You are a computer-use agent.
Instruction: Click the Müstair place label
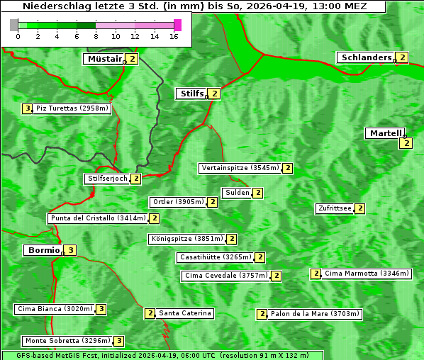click(x=104, y=59)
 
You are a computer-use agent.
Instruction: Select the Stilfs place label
click(x=191, y=93)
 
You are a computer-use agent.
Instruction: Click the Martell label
click(x=385, y=133)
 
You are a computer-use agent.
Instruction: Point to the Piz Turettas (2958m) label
click(x=72, y=108)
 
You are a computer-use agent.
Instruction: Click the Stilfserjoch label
click(x=107, y=179)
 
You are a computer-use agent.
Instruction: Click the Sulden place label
click(x=237, y=193)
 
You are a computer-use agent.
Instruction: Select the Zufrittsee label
click(x=335, y=208)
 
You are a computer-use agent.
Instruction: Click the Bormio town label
click(x=43, y=250)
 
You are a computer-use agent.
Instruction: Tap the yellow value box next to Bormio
click(x=70, y=250)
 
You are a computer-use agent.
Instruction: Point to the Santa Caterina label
click(x=184, y=313)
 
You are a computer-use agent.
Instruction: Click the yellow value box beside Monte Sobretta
click(x=119, y=341)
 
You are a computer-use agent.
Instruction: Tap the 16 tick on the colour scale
click(x=174, y=36)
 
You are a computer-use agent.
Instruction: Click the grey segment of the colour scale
click(x=14, y=25)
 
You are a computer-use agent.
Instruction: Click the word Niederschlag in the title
click(x=56, y=6)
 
